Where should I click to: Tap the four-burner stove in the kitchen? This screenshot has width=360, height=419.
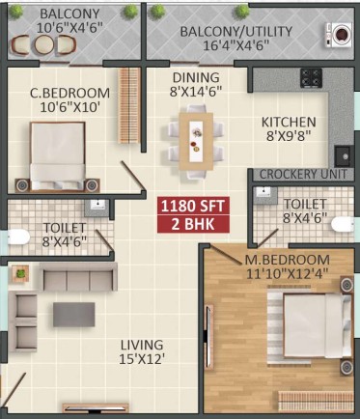pyautogui.click(x=311, y=78)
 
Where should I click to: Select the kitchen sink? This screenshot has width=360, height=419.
pyautogui.click(x=344, y=156)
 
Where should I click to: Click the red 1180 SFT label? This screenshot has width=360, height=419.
pyautogui.click(x=193, y=207)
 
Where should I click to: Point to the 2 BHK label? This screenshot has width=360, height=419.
pyautogui.click(x=193, y=224)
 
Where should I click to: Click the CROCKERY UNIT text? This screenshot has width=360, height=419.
pyautogui.click(x=303, y=175)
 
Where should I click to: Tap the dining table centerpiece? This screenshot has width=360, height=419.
pyautogui.click(x=196, y=141)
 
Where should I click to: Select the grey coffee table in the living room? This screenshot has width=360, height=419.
pyautogui.click(x=74, y=315)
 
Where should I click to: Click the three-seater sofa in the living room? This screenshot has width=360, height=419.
pyautogui.click(x=78, y=277)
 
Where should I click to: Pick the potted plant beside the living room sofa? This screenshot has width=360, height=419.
pyautogui.click(x=20, y=274)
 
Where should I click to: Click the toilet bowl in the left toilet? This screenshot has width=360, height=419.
pyautogui.click(x=18, y=237)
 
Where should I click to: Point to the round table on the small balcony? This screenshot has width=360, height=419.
pyautogui.click(x=44, y=44)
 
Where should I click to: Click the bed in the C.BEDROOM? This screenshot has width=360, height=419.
pyautogui.click(x=58, y=155)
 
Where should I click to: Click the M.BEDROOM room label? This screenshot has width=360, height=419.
pyautogui.click(x=288, y=260)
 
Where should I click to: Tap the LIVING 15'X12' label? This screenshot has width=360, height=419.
pyautogui.click(x=142, y=352)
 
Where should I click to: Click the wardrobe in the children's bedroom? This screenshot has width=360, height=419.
pyautogui.click(x=129, y=105)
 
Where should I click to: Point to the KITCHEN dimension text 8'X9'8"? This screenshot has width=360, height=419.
pyautogui.click(x=289, y=136)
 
